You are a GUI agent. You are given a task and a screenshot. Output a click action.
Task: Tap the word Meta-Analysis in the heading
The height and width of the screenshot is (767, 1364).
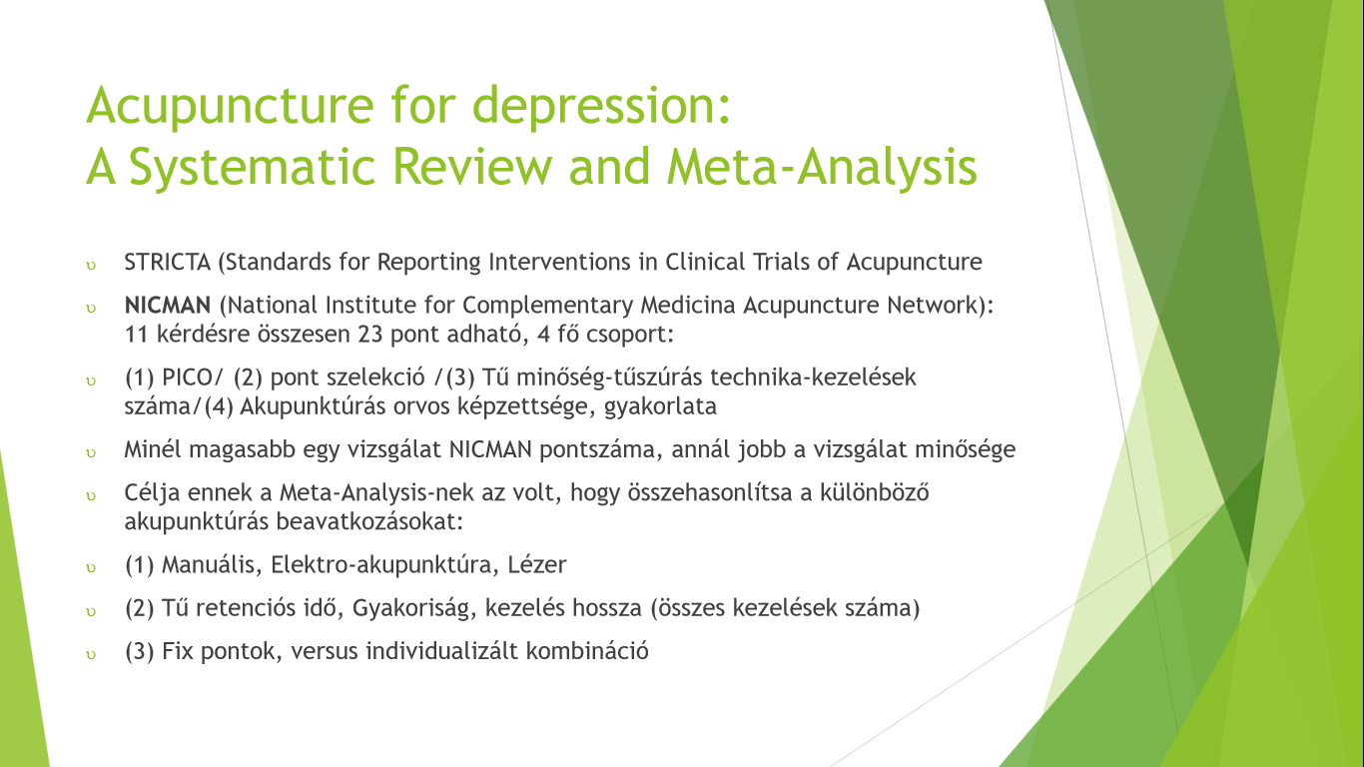[x=822, y=167]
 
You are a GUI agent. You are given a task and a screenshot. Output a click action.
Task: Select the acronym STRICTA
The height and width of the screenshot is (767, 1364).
[x=168, y=262]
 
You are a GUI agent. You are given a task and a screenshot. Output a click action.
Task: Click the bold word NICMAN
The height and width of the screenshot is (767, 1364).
[x=168, y=306]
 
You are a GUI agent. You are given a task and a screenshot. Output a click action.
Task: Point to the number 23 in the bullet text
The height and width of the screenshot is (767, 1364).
[x=370, y=335]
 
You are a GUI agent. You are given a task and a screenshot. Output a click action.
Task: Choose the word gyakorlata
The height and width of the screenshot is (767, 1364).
[x=660, y=406]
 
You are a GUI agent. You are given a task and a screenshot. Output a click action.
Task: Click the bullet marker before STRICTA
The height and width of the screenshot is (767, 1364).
[x=91, y=266]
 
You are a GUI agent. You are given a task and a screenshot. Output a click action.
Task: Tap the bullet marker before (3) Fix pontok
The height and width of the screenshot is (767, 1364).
[x=91, y=655]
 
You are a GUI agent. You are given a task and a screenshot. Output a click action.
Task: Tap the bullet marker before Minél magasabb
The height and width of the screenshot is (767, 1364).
[x=91, y=453]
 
